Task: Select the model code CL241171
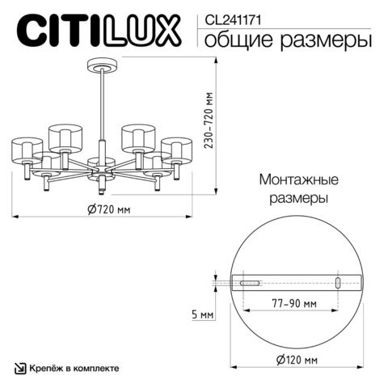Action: pyautogui.click(x=230, y=14)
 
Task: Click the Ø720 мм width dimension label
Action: pyautogui.click(x=107, y=209)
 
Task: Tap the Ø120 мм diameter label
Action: pyautogui.click(x=295, y=359)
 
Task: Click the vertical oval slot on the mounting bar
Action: pyautogui.click(x=337, y=283)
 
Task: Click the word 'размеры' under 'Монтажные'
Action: pyautogui.click(x=297, y=197)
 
